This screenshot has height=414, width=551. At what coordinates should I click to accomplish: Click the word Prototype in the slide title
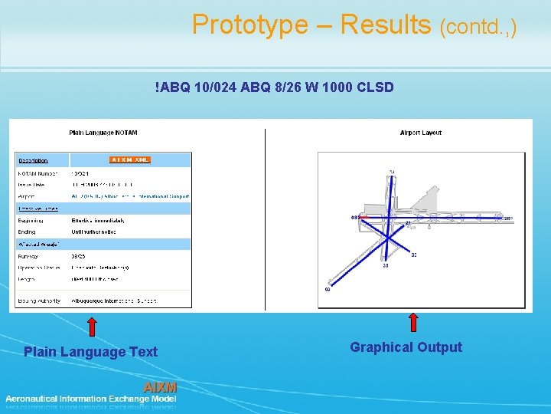point(249,25)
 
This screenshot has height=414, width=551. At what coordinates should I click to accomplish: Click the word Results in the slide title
point(386,25)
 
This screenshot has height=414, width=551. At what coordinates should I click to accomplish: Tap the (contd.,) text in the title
point(478,28)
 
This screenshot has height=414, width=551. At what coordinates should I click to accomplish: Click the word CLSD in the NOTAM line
point(375,87)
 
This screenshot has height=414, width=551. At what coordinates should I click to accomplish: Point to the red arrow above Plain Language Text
point(92,327)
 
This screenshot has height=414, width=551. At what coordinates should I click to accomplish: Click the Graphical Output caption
point(406,347)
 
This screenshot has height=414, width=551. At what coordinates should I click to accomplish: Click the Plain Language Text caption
point(90,352)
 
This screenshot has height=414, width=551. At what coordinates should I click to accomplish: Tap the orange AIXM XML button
point(129,160)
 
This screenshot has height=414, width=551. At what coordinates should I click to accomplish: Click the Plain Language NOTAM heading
point(104,133)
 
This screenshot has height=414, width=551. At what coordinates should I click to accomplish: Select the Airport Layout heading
point(420,133)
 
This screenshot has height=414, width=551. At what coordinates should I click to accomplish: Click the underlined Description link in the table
point(33,161)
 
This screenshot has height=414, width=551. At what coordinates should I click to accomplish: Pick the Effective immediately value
point(98,220)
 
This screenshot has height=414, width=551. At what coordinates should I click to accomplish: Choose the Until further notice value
point(94,232)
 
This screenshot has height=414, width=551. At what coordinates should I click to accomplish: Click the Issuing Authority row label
point(39,301)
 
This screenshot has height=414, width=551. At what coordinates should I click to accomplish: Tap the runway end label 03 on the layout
point(328,289)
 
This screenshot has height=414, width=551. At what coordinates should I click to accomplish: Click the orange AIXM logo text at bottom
point(160,387)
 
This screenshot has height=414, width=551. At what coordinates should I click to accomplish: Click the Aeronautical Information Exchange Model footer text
point(90,399)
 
